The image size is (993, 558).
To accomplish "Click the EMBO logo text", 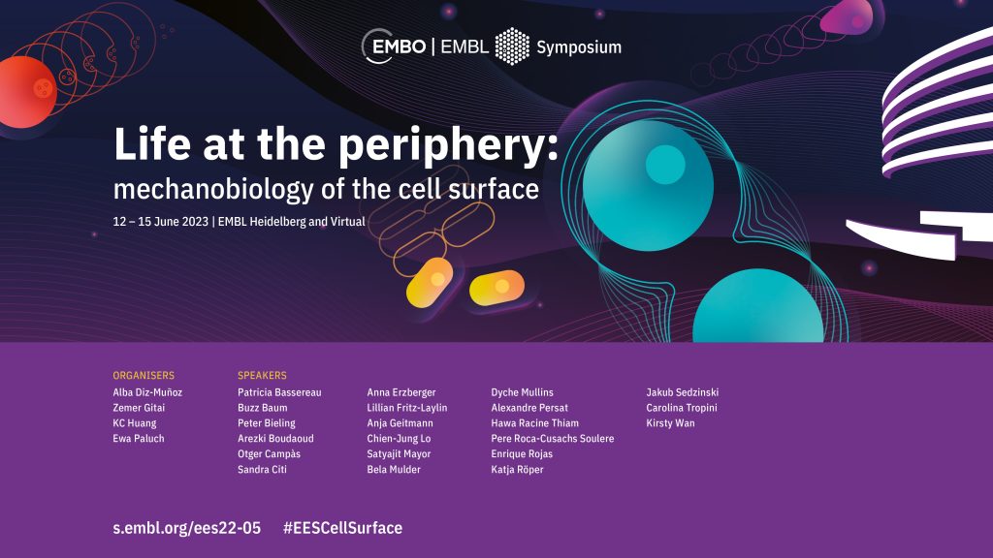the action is (x=399, y=46).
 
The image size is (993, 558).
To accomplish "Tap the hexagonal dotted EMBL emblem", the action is (x=512, y=46).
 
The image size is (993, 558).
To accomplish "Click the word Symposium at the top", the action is (x=579, y=47).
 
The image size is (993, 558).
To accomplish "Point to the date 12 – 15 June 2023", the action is (x=161, y=222).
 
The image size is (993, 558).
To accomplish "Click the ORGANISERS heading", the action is (x=144, y=375).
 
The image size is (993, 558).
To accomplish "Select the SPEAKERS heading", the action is (x=262, y=375).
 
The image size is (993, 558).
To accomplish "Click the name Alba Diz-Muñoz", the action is (x=147, y=392).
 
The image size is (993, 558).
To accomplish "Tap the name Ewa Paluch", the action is (x=139, y=439).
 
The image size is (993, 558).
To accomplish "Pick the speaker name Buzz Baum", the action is (x=262, y=408).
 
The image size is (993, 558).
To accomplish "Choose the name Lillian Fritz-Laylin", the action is (x=407, y=408).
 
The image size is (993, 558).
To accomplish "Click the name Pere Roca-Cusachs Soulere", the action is (x=552, y=439).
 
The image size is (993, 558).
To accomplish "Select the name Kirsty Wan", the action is (x=670, y=423).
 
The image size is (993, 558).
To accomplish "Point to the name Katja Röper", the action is (x=518, y=470).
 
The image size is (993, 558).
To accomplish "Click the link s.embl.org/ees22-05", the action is (x=187, y=528).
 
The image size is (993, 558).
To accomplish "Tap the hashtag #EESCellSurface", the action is (x=342, y=528).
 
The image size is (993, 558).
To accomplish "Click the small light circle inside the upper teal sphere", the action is (x=665, y=165).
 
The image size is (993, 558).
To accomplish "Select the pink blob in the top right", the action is (x=847, y=16).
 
